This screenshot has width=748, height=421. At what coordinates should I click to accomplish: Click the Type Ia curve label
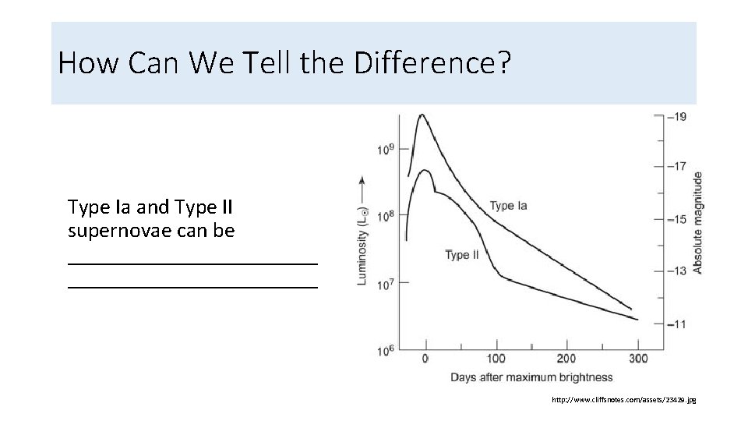[508, 206]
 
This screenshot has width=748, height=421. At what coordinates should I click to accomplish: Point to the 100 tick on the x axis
[496, 359]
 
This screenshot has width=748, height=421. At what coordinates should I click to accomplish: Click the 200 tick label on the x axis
[566, 359]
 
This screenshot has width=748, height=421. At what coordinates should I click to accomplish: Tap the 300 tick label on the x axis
[638, 359]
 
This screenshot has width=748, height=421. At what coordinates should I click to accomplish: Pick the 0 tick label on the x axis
[425, 359]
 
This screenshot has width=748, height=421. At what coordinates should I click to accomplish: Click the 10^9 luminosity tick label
[386, 149]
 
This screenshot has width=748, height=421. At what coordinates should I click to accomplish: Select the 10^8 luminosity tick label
[386, 216]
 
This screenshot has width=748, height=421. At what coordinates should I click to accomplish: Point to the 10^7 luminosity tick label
[386, 283]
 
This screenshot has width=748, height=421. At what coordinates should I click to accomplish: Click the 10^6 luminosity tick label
[386, 350]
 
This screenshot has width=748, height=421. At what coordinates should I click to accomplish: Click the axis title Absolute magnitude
[698, 222]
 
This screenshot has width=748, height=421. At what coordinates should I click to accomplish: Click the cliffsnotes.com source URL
[623, 400]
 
